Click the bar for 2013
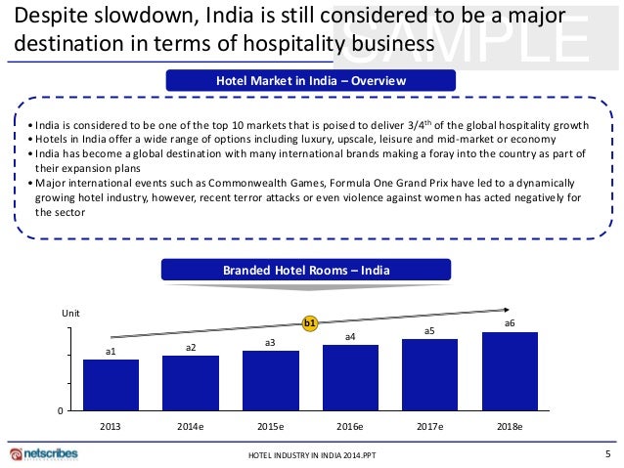[111, 385]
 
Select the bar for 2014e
[190, 383]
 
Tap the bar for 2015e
[270, 381]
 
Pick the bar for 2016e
[350, 378]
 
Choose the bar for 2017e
[429, 375]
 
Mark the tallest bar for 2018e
[510, 372]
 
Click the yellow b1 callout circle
[310, 321]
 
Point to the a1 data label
[111, 351]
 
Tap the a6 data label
[510, 322]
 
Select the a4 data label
[350, 336]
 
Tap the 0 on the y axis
[61, 411]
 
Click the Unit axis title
[71, 313]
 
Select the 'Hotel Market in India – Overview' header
[310, 80]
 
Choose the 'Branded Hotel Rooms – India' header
[310, 270]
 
